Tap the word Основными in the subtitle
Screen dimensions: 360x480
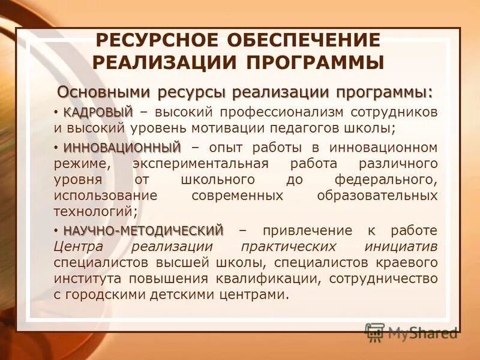[x=104, y=93]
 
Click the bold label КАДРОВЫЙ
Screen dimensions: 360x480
[x=98, y=112]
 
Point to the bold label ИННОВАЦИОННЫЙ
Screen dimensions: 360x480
[x=122, y=148]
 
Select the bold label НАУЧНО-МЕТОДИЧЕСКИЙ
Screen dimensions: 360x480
[x=143, y=230]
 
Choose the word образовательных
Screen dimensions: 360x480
[x=377, y=196]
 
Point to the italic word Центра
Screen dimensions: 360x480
[x=77, y=247]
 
